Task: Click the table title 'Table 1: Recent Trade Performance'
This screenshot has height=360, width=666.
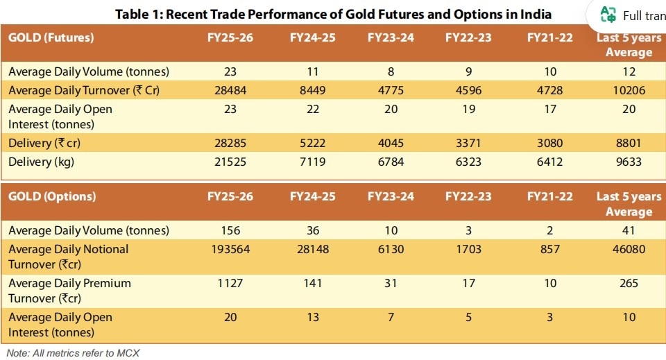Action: (x=221, y=15)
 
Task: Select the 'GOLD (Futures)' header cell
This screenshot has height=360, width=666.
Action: (x=51, y=37)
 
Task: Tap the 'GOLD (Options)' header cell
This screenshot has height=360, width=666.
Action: (x=52, y=196)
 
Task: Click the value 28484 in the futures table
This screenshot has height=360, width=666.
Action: (x=230, y=90)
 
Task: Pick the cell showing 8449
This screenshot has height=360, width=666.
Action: (x=313, y=90)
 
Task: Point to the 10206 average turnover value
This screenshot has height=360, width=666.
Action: (x=629, y=90)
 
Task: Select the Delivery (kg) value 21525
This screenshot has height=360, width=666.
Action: (x=230, y=162)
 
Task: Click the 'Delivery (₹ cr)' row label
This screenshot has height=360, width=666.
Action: (x=44, y=143)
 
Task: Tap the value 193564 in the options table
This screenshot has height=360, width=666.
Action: (x=230, y=249)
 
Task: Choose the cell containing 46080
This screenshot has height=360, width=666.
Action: (x=629, y=249)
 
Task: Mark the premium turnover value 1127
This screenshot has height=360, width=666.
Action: (x=230, y=283)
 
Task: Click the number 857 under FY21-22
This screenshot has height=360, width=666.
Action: (x=550, y=249)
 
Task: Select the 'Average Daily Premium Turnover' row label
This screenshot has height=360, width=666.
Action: (x=69, y=291)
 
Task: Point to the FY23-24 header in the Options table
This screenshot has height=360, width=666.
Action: (x=391, y=196)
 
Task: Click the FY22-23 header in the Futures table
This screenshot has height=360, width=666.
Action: (x=468, y=37)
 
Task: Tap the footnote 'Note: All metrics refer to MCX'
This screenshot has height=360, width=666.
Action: (x=73, y=353)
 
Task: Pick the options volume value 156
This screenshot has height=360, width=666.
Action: (x=230, y=230)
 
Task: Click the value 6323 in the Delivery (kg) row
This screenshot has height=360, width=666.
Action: (x=468, y=162)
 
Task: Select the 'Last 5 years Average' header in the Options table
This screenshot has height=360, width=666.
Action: (x=629, y=204)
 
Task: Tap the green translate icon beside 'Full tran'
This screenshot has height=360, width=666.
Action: (x=608, y=15)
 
